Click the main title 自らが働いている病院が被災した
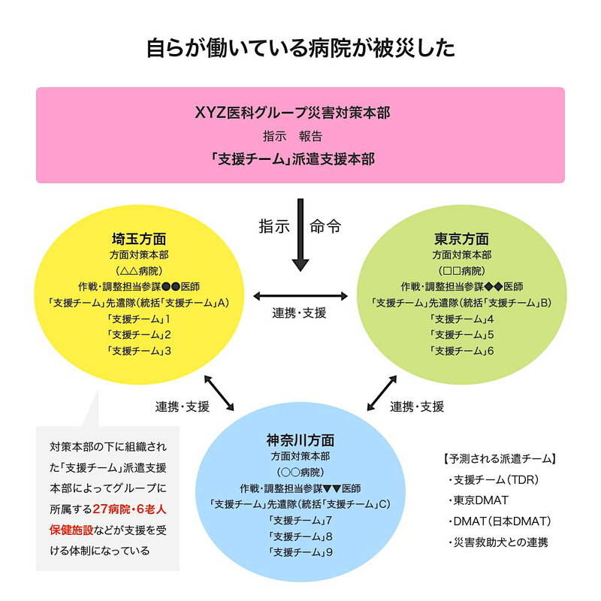click(x=300, y=49)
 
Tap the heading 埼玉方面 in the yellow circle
click(x=139, y=238)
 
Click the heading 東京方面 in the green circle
click(x=461, y=238)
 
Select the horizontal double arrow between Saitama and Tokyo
click(x=300, y=295)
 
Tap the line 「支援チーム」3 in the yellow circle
click(x=139, y=350)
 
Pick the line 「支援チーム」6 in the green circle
click(x=461, y=350)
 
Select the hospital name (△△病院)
click(x=139, y=270)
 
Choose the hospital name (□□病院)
click(x=461, y=270)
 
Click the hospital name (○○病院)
click(x=300, y=473)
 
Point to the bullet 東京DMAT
click(x=481, y=500)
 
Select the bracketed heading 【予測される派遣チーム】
click(x=500, y=458)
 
